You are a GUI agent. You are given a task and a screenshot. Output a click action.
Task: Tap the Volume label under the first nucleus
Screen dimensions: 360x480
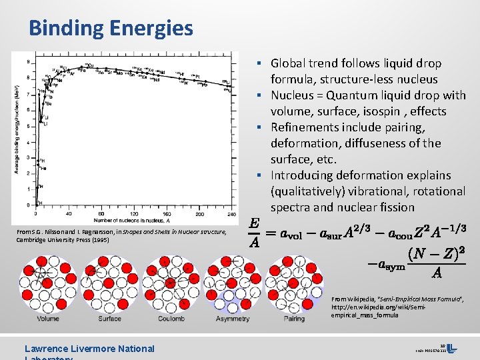[47, 319]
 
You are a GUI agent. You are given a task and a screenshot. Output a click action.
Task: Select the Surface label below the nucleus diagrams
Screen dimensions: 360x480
[109, 319]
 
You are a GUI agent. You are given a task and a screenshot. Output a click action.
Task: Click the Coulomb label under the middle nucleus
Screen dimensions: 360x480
[171, 319]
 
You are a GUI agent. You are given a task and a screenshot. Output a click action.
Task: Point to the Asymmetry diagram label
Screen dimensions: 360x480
[233, 319]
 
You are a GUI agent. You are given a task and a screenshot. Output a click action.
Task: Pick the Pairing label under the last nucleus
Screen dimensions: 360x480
[294, 319]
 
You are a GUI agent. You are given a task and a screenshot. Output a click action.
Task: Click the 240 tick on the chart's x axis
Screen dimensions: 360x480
[231, 214]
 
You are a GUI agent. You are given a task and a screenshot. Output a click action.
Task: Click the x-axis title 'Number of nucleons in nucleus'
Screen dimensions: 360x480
[130, 220]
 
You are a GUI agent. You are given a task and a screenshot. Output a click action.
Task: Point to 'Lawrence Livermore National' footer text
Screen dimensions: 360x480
[89, 348]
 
